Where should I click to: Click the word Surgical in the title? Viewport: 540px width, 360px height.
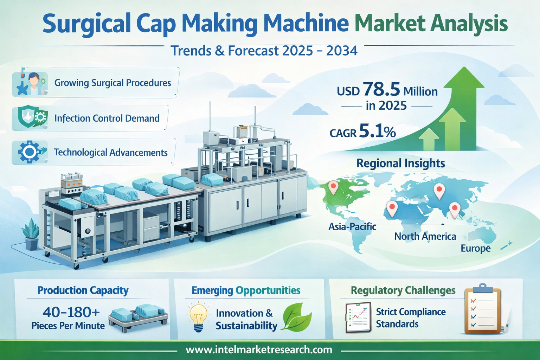pos(86,24)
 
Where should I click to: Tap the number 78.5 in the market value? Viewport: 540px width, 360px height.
pos(381,89)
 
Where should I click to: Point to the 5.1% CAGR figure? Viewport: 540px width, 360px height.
pos(377,131)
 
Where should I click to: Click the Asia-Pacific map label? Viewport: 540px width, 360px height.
pos(352,227)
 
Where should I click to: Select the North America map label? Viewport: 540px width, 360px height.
pos(425,236)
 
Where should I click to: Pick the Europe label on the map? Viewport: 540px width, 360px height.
pos(476,248)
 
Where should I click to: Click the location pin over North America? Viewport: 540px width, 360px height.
pos(333,187)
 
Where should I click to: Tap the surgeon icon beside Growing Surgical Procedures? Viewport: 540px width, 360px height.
pos(31,83)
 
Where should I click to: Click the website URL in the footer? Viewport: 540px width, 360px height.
pos(259,350)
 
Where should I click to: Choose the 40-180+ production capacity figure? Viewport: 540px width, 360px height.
pos(71,313)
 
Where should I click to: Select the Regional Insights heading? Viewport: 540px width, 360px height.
pos(401,163)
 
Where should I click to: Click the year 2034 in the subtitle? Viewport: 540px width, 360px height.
pos(342,51)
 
